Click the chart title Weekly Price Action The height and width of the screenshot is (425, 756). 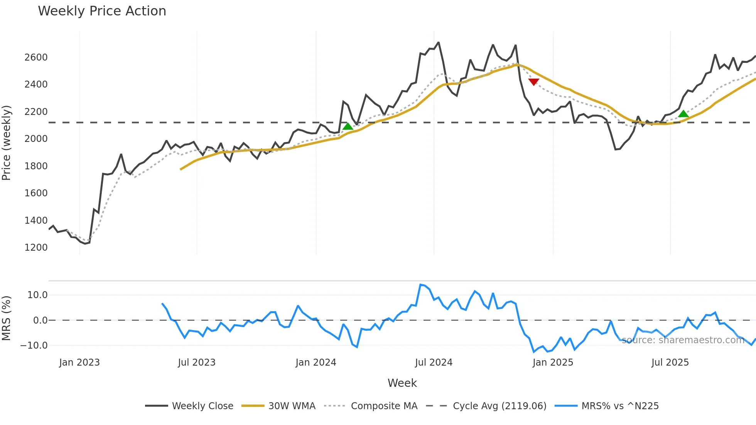click(102, 11)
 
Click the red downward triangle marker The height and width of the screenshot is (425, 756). click(534, 82)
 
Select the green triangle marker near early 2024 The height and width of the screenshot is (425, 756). click(348, 126)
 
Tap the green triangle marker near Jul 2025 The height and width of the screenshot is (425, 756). click(683, 114)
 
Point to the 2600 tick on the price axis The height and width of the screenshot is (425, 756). click(36, 57)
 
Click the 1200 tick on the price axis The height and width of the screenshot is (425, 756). click(36, 248)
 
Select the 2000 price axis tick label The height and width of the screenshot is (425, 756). click(36, 139)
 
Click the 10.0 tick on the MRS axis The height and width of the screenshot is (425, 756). click(37, 295)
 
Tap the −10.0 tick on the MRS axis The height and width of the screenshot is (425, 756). click(34, 346)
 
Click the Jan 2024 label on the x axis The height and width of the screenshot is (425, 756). click(316, 363)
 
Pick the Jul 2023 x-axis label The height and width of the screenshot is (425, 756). click(197, 363)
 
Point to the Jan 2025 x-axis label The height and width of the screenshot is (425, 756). click(553, 363)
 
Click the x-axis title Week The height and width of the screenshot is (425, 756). click(402, 383)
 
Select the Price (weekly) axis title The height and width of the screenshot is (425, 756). click(7, 143)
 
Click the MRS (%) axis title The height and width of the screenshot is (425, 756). click(7, 318)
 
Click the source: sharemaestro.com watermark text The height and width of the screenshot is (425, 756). click(683, 340)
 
